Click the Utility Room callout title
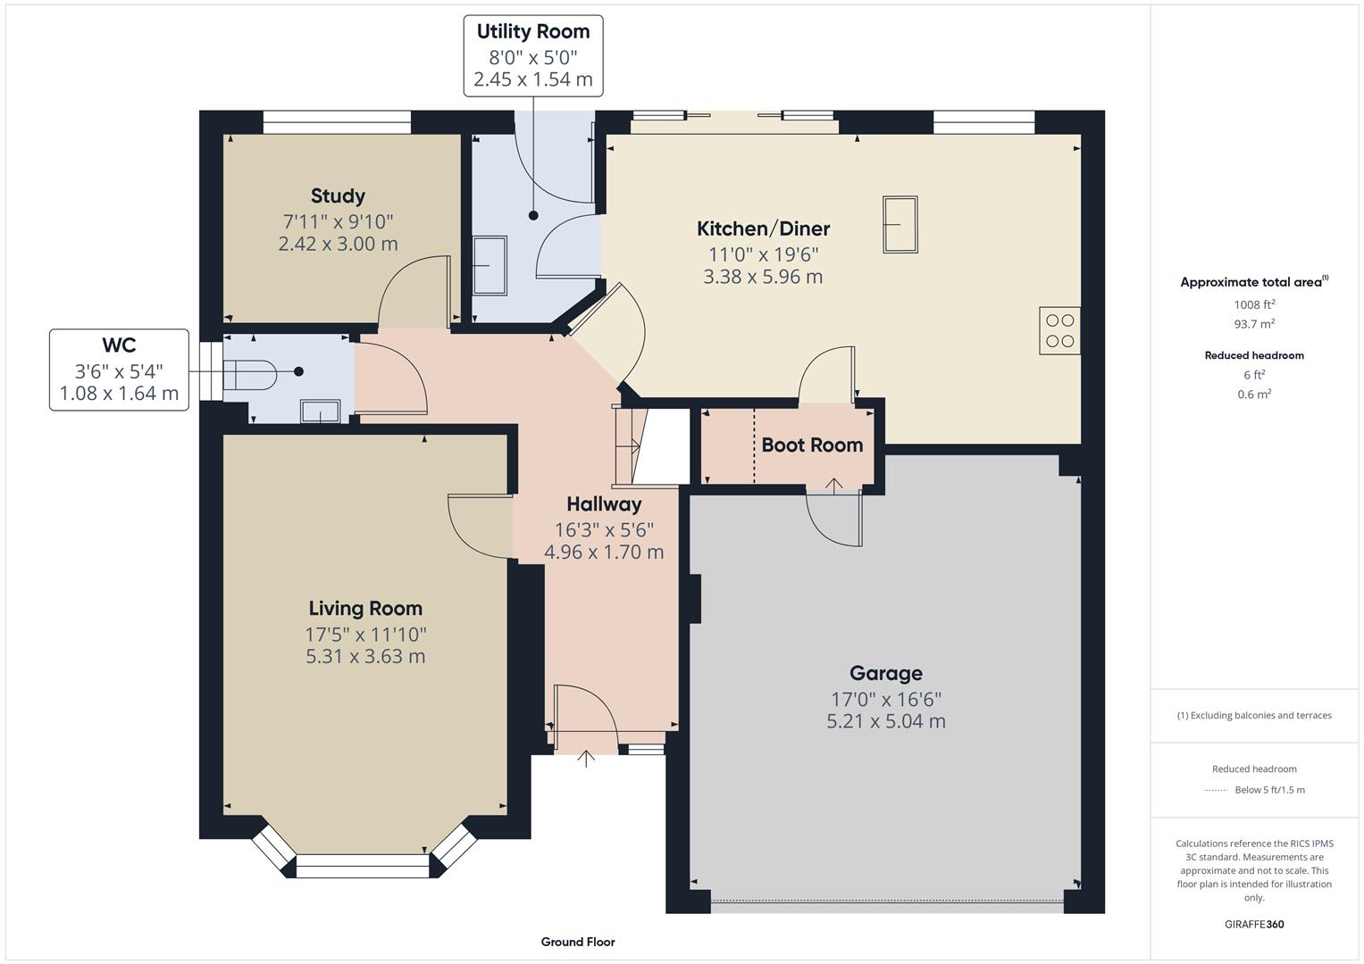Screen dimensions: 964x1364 (x=532, y=32)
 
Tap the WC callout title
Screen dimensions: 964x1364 (x=119, y=345)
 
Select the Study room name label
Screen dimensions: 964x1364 (x=338, y=196)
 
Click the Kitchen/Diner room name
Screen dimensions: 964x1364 (x=763, y=229)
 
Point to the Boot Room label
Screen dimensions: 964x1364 (x=811, y=445)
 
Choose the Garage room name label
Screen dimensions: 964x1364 (x=885, y=674)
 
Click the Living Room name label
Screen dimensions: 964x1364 (x=365, y=609)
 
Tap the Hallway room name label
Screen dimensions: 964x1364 (x=604, y=504)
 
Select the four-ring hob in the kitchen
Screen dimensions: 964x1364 (x=1059, y=330)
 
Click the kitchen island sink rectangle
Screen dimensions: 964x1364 (x=900, y=224)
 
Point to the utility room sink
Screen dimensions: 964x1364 (x=489, y=265)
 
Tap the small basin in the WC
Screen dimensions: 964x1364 (x=320, y=411)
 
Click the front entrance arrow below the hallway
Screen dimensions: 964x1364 (x=586, y=759)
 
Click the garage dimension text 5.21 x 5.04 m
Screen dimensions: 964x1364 (x=885, y=721)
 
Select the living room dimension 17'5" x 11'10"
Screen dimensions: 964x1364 (x=365, y=635)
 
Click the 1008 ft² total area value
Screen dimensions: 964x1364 (x=1254, y=303)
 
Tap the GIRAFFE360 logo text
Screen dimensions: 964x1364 (x=1254, y=925)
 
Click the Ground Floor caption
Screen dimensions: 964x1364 (x=578, y=942)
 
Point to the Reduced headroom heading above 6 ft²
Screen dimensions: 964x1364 (x=1254, y=355)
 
